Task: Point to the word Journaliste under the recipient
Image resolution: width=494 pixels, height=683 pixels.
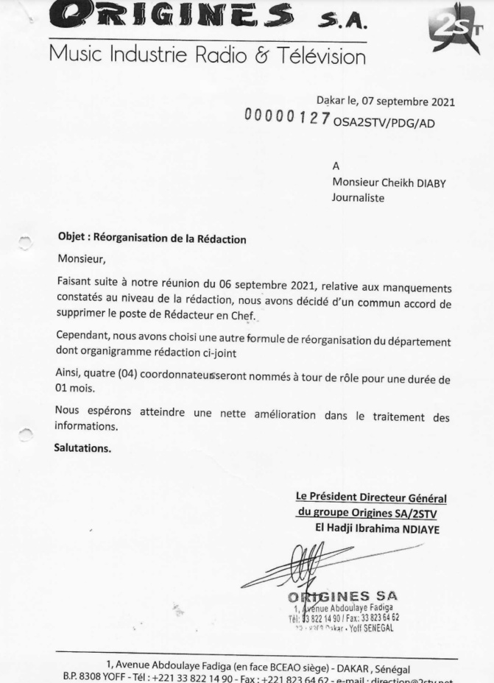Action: click(359, 197)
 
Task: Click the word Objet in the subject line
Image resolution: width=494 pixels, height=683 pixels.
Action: click(72, 238)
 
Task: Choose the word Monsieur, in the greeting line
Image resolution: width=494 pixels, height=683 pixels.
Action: click(82, 259)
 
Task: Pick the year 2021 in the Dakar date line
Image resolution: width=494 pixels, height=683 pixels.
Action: click(439, 102)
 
